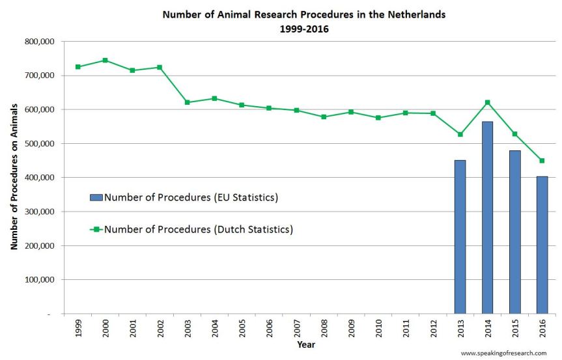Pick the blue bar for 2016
(x=542, y=245)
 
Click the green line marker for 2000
(x=105, y=60)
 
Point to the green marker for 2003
(x=187, y=102)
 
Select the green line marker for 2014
(x=487, y=102)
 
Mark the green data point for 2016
(x=542, y=161)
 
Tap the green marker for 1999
(x=77, y=66)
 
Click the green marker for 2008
(x=324, y=117)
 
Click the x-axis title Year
(x=306, y=344)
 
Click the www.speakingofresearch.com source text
(x=503, y=353)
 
